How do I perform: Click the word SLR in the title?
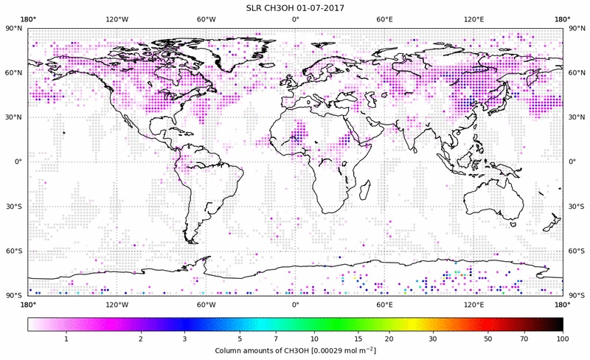tap(255, 7)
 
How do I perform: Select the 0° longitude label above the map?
tap(295, 18)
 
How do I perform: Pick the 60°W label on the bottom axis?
tap(206, 303)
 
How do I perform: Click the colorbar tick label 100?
tap(562, 339)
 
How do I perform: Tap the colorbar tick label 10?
tap(314, 339)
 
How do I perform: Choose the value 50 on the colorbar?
tap(487, 339)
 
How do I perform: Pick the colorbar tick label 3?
tap(184, 339)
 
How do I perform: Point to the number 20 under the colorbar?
tap(388, 339)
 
